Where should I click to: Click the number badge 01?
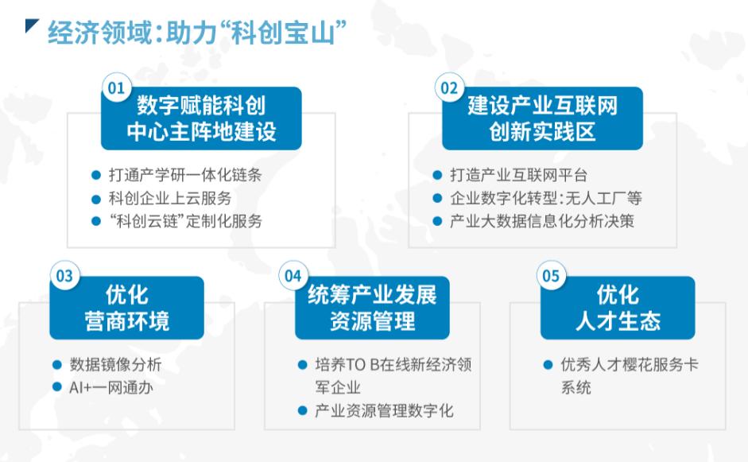click(116, 87)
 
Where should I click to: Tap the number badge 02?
click(449, 87)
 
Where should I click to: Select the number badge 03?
click(64, 275)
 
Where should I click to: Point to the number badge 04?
click(293, 275)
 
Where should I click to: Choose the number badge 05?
click(551, 275)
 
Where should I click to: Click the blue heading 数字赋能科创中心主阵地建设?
click(201, 118)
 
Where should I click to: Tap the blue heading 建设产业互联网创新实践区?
click(542, 118)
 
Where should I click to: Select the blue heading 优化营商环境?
click(127, 308)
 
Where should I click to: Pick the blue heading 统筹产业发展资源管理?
click(372, 308)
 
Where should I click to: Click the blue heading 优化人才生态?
click(618, 308)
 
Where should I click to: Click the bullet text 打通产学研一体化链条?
click(185, 175)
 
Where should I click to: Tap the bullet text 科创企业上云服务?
click(170, 198)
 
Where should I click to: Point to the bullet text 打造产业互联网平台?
click(518, 175)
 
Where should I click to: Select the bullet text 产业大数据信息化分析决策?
click(542, 221)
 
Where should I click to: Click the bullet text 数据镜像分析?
click(116, 365)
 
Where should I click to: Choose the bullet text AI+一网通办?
click(111, 387)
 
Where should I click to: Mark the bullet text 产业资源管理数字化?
click(385, 410)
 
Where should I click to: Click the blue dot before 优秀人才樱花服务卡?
click(548, 365)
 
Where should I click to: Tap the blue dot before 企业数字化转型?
click(437, 198)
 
